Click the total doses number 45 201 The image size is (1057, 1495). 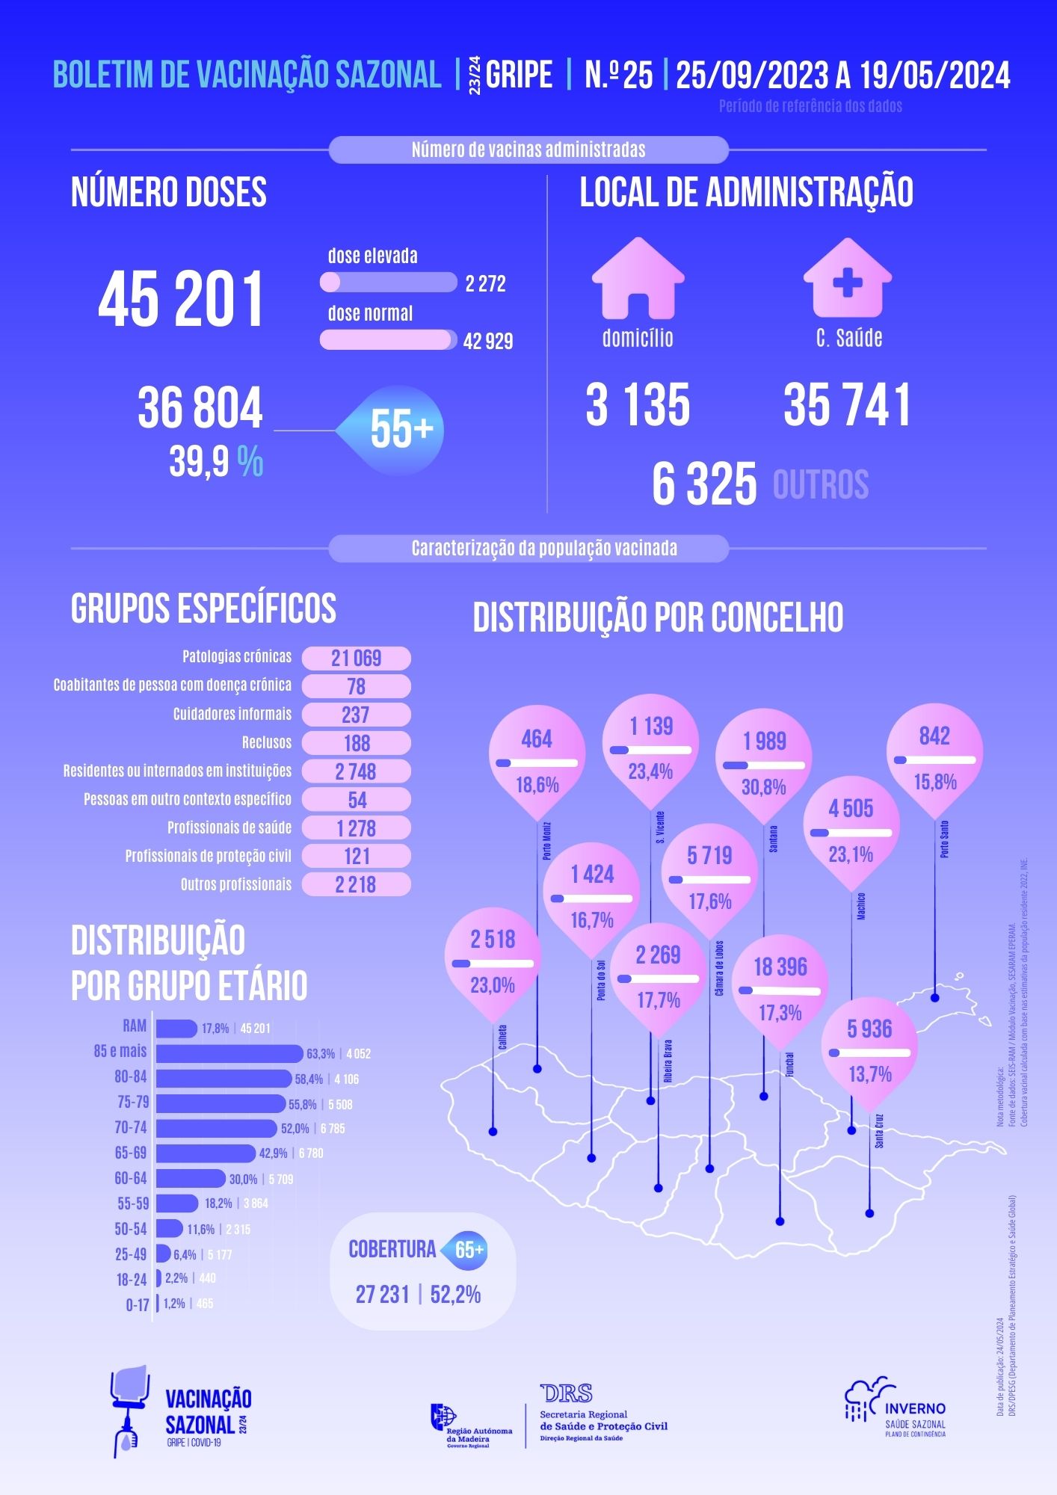(181, 300)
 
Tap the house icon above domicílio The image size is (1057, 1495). (638, 278)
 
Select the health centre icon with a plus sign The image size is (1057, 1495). (847, 278)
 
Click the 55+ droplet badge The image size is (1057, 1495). (399, 430)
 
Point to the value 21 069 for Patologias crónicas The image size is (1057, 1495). (356, 659)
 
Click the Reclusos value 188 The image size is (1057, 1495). (357, 743)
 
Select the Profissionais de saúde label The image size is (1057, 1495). (229, 827)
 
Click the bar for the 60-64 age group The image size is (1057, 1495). (191, 1179)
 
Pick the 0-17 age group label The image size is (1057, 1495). (138, 1305)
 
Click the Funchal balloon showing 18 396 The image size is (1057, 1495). (780, 989)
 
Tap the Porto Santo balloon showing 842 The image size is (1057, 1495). (934, 759)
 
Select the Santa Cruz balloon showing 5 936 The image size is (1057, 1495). (869, 1050)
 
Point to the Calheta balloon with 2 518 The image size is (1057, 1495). (493, 961)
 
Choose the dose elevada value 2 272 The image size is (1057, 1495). (485, 284)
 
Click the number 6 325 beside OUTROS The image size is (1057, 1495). (704, 484)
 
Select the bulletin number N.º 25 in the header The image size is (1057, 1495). (618, 75)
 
